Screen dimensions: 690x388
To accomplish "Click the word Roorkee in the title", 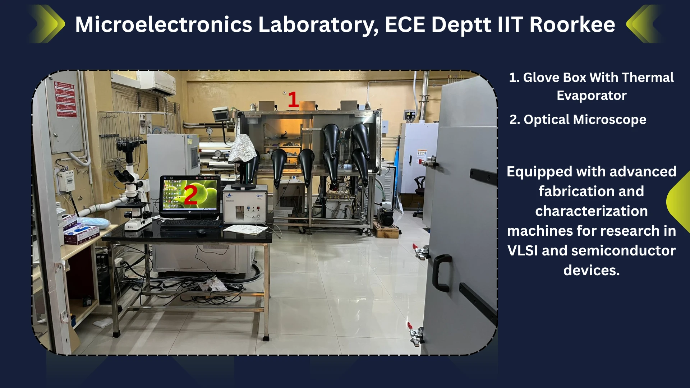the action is [x=572, y=24].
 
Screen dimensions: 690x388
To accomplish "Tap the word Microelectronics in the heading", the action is [x=164, y=24].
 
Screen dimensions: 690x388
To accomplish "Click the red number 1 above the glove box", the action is [x=293, y=99].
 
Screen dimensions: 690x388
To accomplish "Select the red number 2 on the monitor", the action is [x=191, y=195].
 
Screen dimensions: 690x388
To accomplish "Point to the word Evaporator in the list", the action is [x=592, y=96].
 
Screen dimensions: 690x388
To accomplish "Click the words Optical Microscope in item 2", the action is [x=585, y=120].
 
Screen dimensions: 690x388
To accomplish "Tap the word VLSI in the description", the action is [x=523, y=250].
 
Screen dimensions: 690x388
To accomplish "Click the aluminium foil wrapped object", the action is [x=243, y=148].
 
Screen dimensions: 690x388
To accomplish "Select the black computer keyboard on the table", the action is [x=190, y=223].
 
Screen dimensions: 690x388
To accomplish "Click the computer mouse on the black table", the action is [x=201, y=232].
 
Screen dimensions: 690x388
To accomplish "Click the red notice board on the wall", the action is [x=65, y=99].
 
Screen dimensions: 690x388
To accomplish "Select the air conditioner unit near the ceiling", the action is [x=157, y=83].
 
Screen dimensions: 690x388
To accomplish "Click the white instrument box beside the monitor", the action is [x=245, y=204].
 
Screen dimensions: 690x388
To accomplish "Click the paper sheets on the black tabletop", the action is [x=245, y=229].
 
